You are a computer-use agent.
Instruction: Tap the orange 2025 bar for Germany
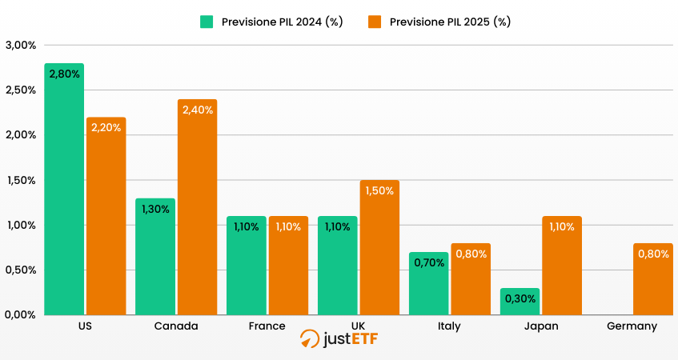[653, 279]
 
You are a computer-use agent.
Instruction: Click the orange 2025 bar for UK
[379, 247]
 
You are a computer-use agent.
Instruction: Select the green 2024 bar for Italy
[429, 283]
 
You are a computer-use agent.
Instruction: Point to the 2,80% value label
[64, 74]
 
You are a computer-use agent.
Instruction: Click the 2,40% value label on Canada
[198, 110]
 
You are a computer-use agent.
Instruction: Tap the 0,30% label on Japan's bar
[520, 298]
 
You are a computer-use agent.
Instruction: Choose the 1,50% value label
[379, 190]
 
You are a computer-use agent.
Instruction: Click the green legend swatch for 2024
[207, 22]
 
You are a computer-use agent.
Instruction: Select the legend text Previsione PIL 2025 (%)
[450, 22]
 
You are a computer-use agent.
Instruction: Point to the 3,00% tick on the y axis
[21, 45]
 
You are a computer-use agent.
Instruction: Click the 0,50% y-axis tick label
[21, 270]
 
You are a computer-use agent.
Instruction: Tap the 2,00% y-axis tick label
[21, 135]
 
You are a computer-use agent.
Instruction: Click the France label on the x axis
[267, 326]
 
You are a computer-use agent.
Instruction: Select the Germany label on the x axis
[632, 326]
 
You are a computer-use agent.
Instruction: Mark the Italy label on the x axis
[449, 326]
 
